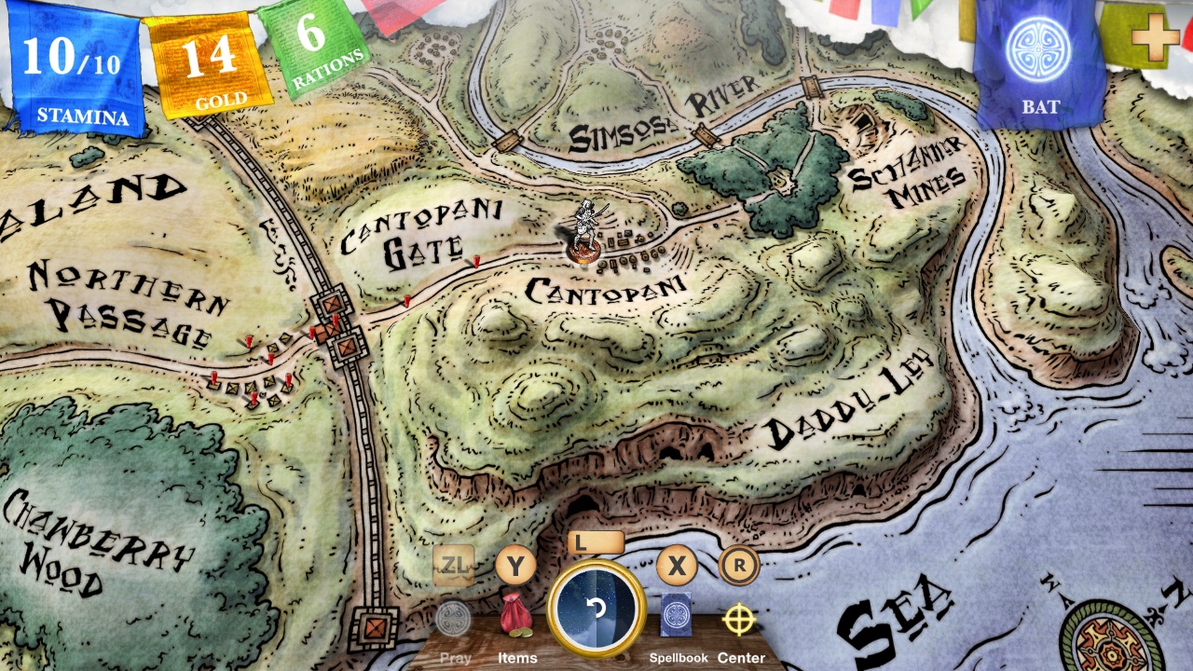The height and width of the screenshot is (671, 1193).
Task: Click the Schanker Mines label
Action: [906, 177]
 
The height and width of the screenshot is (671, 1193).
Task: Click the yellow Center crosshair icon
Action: [739, 619]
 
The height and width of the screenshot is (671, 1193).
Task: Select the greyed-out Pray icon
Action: [454, 619]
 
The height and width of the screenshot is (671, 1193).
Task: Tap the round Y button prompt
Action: [514, 565]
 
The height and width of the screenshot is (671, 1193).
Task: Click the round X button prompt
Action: [677, 565]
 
